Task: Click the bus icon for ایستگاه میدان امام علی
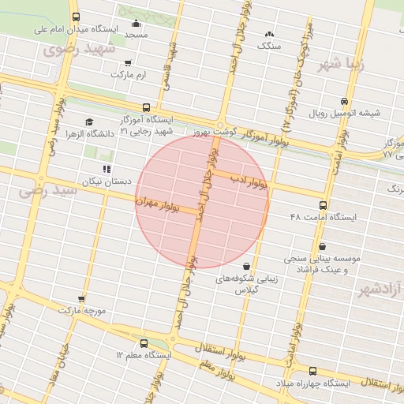[75, 17]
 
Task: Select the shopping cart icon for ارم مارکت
[129, 62]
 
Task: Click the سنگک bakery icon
[270, 34]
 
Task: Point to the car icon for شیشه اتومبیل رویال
[344, 101]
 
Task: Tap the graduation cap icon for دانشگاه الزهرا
[89, 122]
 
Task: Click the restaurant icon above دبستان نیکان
[106, 169]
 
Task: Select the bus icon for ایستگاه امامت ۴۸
[323, 204]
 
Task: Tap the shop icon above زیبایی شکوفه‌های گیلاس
[248, 266]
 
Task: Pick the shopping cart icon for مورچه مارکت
[81, 298]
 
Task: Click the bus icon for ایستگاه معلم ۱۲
[143, 343]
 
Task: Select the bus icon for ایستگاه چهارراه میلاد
[312, 371]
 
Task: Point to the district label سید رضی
[47, 190]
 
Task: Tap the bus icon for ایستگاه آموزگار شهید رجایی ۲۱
[145, 108]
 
